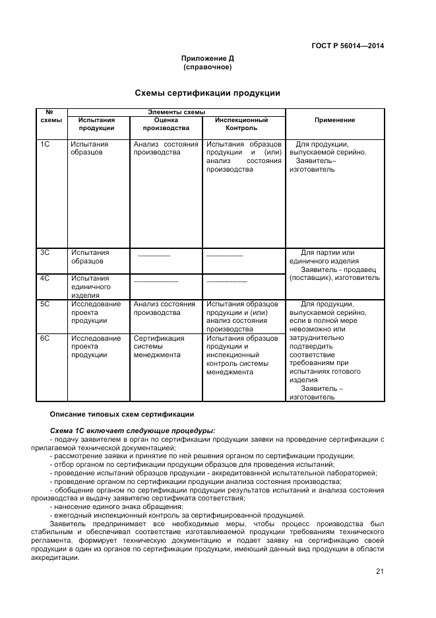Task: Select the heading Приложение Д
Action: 208,58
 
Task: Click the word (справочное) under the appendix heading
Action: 208,67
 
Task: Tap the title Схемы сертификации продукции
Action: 208,93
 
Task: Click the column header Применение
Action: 334,120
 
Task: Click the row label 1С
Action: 46,144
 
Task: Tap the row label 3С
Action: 46,252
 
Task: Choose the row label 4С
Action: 46,278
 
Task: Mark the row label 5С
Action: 46,304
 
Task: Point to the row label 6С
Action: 46,338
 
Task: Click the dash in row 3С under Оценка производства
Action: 154,255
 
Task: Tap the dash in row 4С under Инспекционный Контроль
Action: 226,281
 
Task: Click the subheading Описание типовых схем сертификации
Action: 122,414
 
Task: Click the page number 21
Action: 379,572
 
